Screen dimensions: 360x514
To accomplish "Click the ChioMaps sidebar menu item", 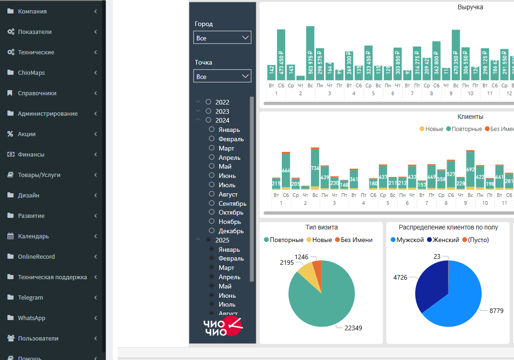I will coord(31,73).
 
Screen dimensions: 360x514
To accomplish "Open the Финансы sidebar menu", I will coord(31,155).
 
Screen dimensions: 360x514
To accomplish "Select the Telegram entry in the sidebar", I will coord(30,298).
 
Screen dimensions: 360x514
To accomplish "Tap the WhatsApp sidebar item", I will coord(32,318).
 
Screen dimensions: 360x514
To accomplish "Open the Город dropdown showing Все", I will coord(222,38).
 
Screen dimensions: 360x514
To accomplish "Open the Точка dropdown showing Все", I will coord(222,76).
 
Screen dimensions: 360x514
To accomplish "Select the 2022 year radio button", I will coord(208,102).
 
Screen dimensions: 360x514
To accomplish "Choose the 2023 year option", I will coord(208,111).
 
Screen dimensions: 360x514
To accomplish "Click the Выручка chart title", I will coord(470,7).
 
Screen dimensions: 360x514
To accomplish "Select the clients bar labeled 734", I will coord(315,168).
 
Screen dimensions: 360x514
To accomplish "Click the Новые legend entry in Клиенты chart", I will coord(431,129).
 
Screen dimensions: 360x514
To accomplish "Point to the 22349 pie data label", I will coord(353,328).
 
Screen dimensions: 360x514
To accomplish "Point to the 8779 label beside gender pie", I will coord(496,311).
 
